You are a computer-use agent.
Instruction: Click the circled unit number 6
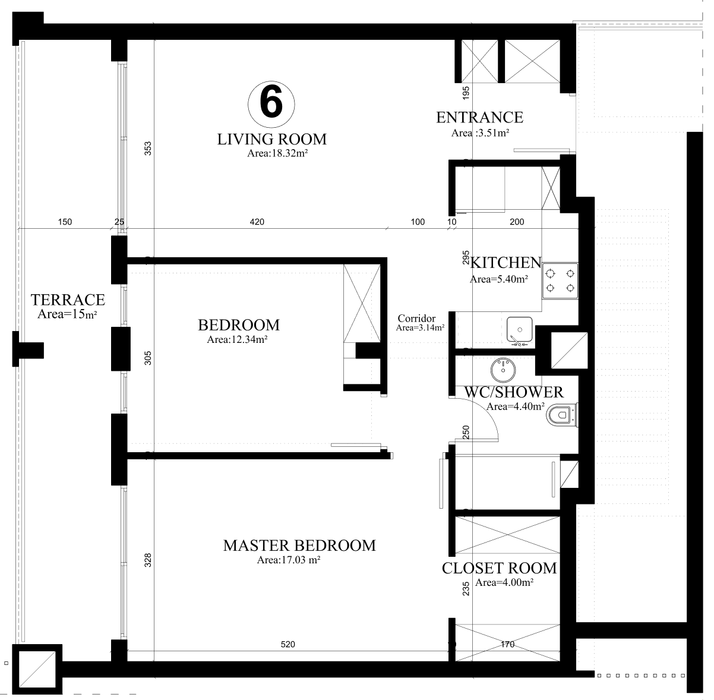pos(271,104)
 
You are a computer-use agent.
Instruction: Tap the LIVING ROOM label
pos(272,140)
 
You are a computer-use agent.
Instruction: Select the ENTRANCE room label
pos(479,118)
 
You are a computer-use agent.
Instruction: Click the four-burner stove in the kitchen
pos(560,280)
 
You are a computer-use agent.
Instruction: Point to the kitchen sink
pos(520,329)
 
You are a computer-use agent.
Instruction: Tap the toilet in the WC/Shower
pos(562,415)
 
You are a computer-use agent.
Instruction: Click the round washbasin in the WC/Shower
pos(503,370)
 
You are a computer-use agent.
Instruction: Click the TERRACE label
pos(68,299)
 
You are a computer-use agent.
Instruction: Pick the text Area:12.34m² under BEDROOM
pos(237,339)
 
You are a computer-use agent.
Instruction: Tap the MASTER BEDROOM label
pos(299,546)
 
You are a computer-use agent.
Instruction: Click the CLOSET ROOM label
pos(499,568)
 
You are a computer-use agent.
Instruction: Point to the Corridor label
pos(416,318)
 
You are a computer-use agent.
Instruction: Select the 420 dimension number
pos(257,222)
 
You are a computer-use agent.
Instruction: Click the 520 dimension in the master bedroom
pos(288,644)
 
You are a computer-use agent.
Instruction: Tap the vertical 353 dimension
pos(147,149)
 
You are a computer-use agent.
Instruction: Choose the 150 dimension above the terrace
pos(65,222)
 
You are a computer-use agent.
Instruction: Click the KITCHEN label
pos(506,263)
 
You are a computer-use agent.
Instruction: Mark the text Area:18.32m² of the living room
pos(277,153)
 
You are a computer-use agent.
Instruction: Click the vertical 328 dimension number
pos(147,560)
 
